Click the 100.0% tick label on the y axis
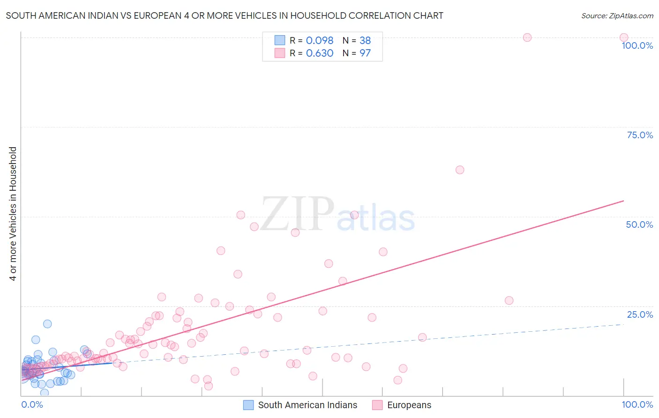[x=637, y=45]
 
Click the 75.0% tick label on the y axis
[x=640, y=135]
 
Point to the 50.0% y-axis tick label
[x=639, y=224]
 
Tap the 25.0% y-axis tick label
[x=640, y=314]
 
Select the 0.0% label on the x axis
[x=32, y=404]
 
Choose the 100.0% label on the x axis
[x=637, y=404]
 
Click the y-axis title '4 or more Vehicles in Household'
[x=13, y=214]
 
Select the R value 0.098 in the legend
[x=319, y=40]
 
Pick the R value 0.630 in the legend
[x=319, y=53]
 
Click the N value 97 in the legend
[x=365, y=53]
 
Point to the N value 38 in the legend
[x=365, y=40]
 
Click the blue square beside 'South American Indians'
[x=248, y=405]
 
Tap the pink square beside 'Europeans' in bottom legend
[x=377, y=405]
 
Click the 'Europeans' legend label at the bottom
[x=409, y=405]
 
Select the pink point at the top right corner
[x=623, y=37]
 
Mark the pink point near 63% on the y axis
[x=460, y=170]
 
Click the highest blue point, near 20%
[x=47, y=324]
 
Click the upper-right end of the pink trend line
[x=623, y=201]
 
